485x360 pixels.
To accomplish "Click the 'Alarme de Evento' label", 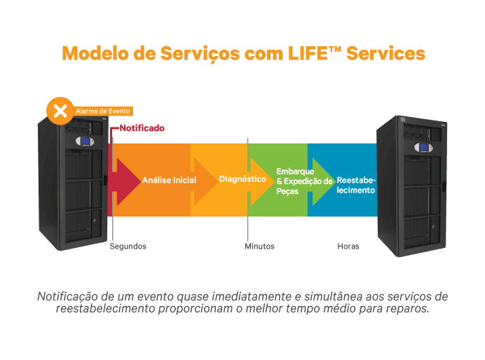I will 102,111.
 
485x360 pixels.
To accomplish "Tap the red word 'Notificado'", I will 142,128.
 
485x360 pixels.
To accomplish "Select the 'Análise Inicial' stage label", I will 169,180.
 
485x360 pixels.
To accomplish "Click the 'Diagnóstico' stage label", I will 242,179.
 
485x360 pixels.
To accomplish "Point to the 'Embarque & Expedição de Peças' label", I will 304,181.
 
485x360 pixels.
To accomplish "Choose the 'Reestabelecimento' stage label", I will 356,185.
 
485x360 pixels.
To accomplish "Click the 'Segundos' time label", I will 128,247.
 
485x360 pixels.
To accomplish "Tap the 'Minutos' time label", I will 259,247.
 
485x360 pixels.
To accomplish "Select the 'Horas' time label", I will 348,247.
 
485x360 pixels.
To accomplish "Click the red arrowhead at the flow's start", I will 127,181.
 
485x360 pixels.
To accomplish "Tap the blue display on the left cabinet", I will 85,141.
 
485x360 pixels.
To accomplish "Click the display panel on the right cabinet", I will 422,147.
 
